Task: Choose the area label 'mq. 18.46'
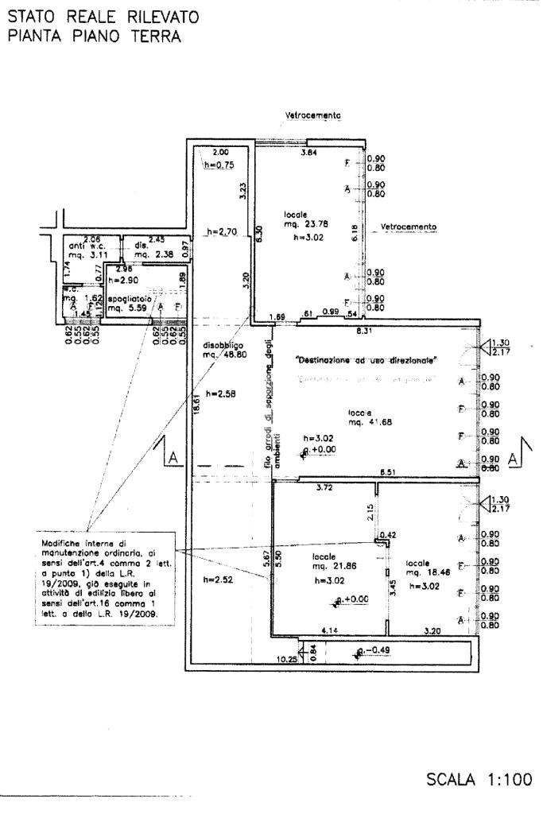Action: pos(424,572)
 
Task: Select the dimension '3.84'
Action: pos(308,151)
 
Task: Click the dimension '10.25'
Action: pos(286,660)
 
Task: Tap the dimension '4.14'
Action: pos(331,630)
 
